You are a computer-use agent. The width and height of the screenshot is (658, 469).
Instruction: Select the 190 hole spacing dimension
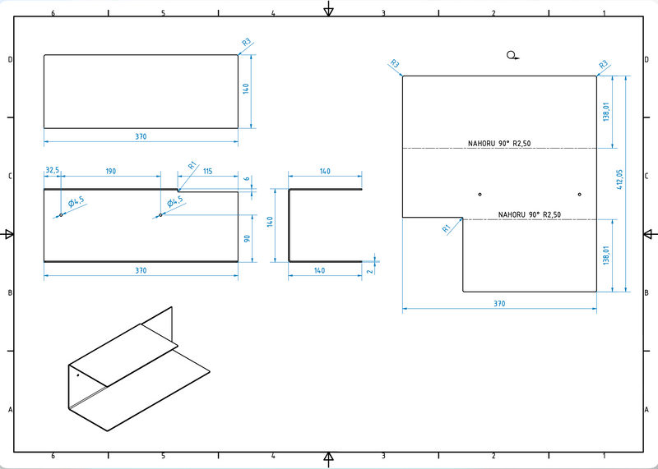coord(110,171)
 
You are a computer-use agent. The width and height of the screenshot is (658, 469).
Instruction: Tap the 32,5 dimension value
coord(52,170)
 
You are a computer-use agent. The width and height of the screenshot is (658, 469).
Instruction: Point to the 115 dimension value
coord(207,171)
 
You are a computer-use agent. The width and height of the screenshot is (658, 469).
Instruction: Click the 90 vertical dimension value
coord(247,238)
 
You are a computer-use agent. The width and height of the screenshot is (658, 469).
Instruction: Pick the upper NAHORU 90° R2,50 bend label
coord(499,144)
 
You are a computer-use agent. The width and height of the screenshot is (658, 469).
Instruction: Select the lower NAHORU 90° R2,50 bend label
coord(530,214)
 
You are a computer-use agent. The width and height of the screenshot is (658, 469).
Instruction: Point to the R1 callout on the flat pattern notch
coord(447,228)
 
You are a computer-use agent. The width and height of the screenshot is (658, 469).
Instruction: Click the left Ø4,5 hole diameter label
coord(76,202)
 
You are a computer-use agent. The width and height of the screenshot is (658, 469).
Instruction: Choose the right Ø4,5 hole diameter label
coord(175,202)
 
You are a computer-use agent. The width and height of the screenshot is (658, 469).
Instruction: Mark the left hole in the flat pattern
coord(480,195)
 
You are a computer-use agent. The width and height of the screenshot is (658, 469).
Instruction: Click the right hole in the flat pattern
coord(579,195)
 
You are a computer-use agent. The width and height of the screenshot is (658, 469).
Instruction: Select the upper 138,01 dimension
coord(606,113)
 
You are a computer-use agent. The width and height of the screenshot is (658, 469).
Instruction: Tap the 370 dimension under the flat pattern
coord(499,304)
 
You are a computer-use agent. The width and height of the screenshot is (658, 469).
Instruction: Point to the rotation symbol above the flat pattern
coord(512,55)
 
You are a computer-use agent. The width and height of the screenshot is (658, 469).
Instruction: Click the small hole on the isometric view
coord(78,375)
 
